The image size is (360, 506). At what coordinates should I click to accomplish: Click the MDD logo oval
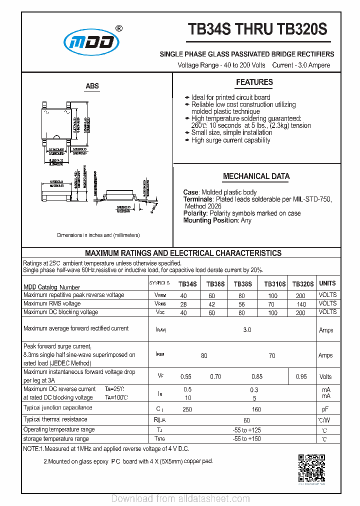[91, 43]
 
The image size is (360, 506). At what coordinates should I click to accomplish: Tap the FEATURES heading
[254, 82]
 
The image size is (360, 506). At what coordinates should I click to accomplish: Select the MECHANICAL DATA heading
[256, 176]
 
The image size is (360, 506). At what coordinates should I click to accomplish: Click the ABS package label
[92, 86]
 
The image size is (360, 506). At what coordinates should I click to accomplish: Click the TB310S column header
[274, 284]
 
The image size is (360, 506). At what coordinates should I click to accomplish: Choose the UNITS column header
[327, 283]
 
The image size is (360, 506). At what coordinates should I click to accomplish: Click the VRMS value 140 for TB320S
[301, 304]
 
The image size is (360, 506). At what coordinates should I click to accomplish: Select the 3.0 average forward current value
[247, 330]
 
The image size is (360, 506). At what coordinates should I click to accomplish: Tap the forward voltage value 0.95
[301, 377]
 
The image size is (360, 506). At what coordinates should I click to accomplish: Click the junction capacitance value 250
[187, 409]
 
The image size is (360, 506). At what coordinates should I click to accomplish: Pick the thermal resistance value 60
[246, 421]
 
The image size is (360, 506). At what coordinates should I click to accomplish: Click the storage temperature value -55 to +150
[246, 439]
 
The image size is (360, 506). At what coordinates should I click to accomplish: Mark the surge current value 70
[271, 356]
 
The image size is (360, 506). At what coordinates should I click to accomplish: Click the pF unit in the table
[325, 409]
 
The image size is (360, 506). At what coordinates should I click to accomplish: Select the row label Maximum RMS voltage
[52, 303]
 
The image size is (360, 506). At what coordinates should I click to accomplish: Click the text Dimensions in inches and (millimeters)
[98, 235]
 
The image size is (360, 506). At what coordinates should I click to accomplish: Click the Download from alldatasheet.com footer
[180, 498]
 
